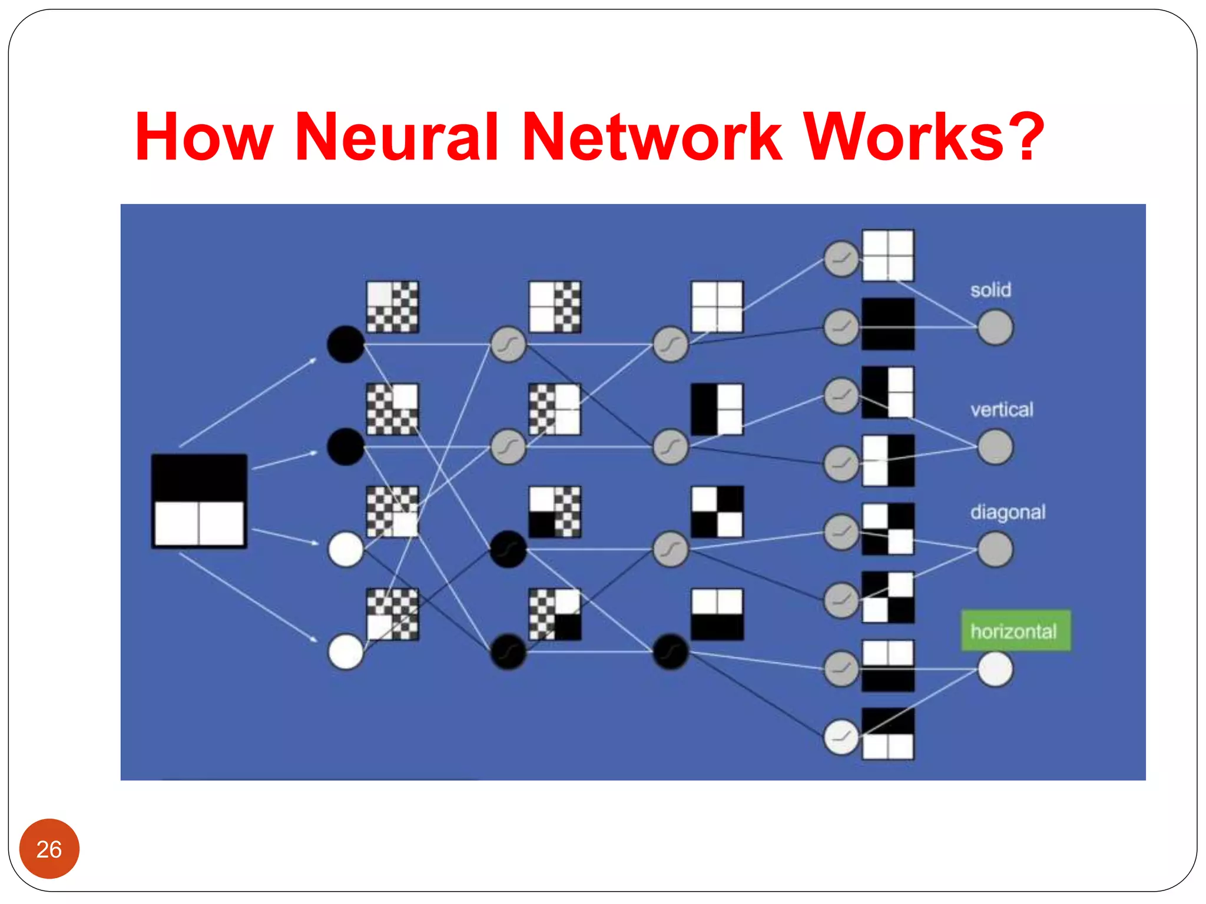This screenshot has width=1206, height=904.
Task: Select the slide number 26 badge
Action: [x=49, y=849]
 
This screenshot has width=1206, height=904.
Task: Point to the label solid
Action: [x=990, y=290]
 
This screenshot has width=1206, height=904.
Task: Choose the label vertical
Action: [x=1001, y=409]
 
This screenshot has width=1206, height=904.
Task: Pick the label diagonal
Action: [x=1008, y=512]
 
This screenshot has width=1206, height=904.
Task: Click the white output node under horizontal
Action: [x=995, y=670]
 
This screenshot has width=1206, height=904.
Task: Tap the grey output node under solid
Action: [x=995, y=327]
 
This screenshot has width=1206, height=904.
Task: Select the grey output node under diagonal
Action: [x=995, y=549]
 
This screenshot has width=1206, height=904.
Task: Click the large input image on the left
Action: [x=199, y=501]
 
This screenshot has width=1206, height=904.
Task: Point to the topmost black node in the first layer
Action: [x=346, y=344]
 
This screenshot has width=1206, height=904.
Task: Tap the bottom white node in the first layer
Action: [x=346, y=652]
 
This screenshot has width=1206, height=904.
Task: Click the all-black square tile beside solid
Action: [x=887, y=324]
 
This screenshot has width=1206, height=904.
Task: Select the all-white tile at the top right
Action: [x=887, y=255]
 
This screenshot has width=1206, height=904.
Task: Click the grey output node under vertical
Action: [x=995, y=447]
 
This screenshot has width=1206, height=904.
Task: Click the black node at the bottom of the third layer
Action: [x=670, y=652]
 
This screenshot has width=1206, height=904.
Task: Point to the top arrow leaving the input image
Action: [x=247, y=403]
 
